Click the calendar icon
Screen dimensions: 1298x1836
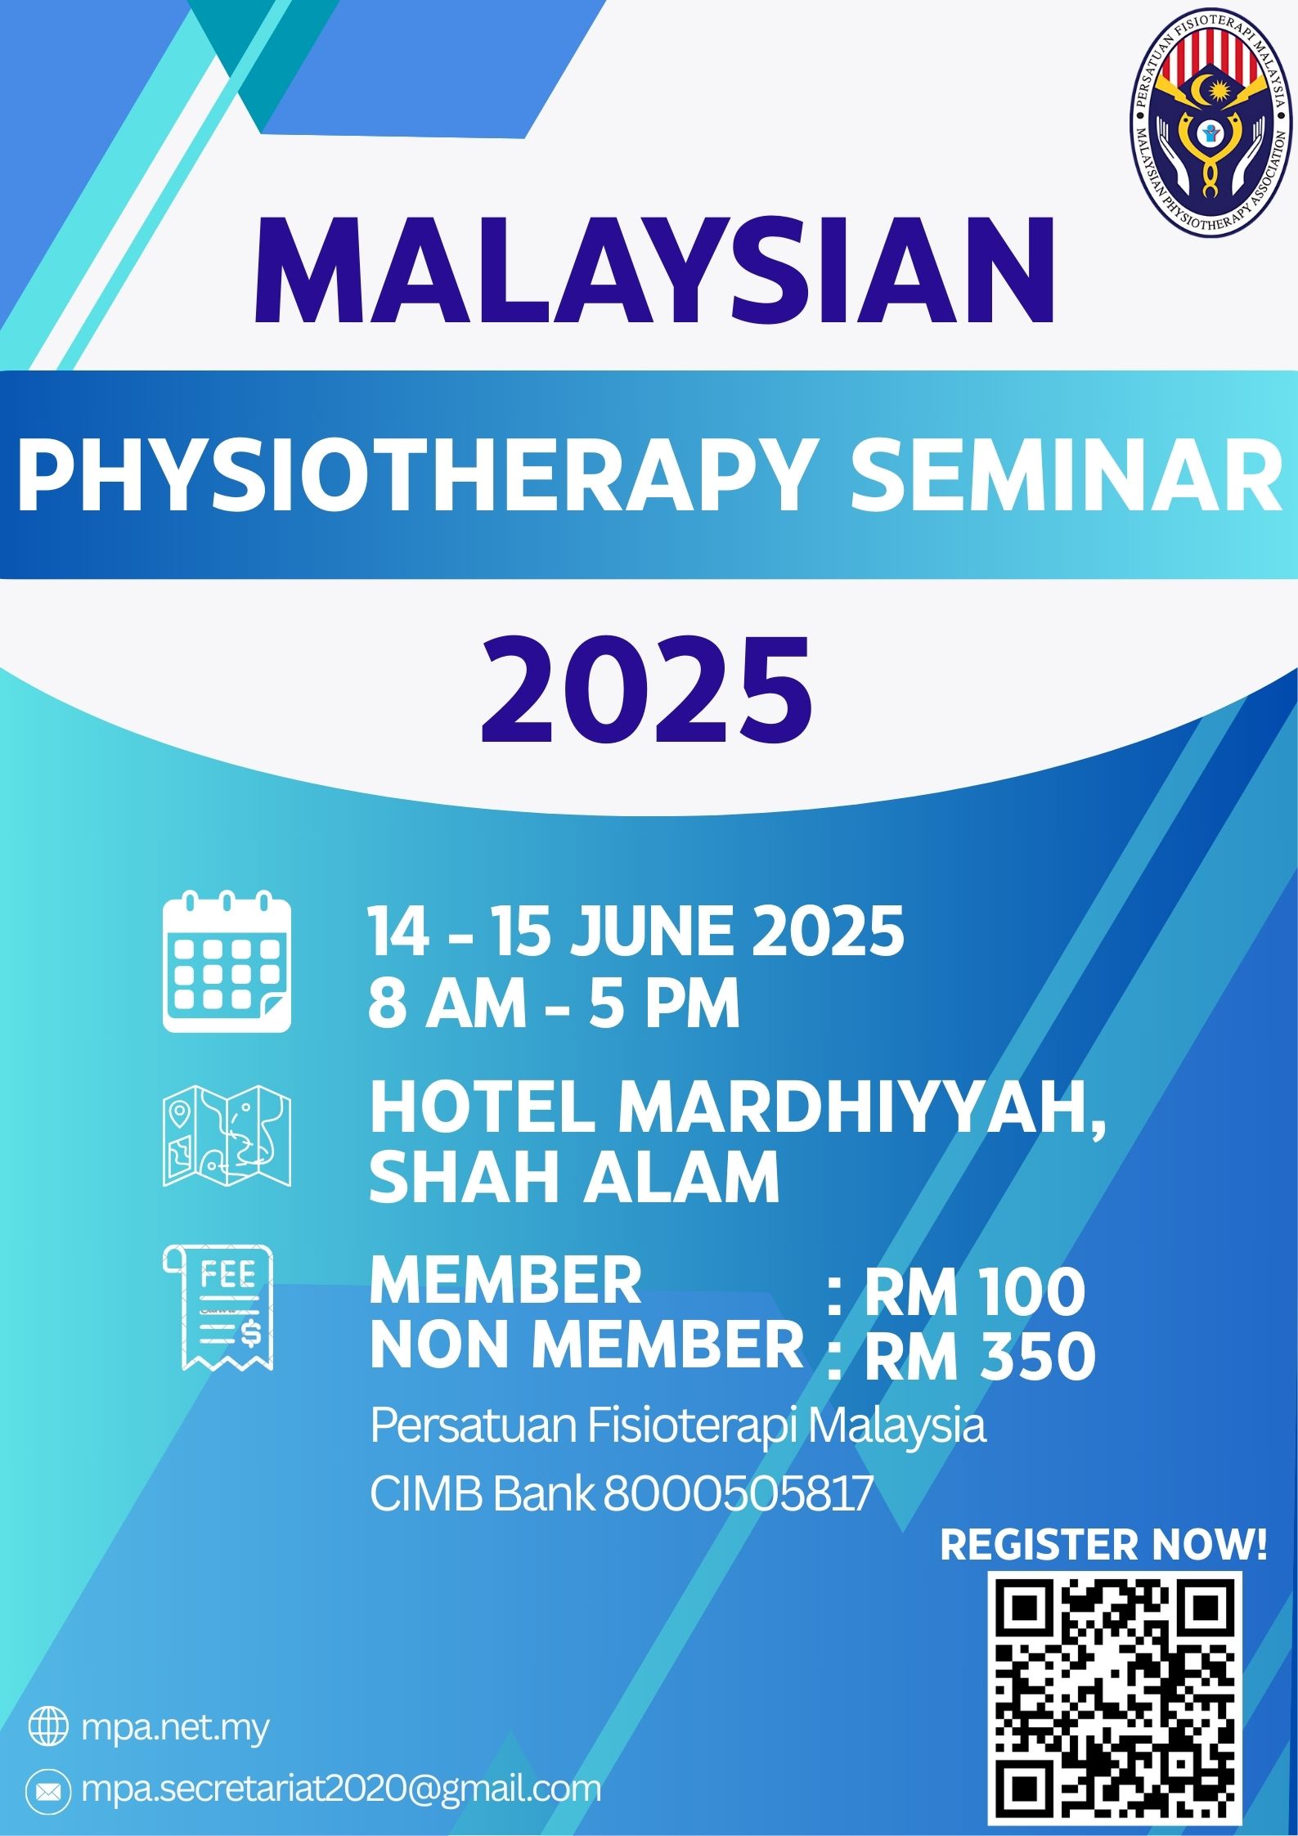tap(227, 961)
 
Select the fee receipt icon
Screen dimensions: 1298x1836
tap(219, 1308)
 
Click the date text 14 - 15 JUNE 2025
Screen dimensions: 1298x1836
tap(636, 931)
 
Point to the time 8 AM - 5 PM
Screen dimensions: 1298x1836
tap(554, 1003)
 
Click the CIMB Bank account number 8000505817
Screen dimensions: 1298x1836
tap(734, 1496)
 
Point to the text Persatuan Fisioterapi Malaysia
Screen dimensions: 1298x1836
tap(678, 1426)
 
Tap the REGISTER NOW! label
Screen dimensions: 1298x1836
tap(1103, 1546)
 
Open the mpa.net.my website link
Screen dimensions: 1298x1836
tap(175, 1731)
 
